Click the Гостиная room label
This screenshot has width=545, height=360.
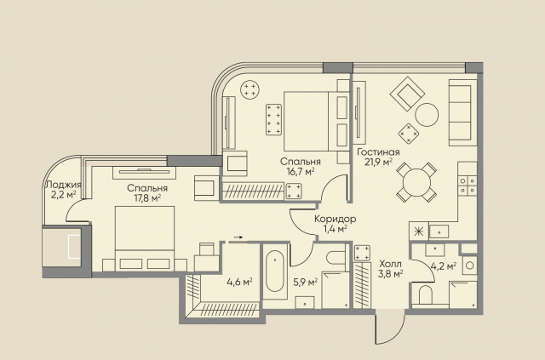378,152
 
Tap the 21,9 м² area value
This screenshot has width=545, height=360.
378,162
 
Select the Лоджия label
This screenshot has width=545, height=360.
63,186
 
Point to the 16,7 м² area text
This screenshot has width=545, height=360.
301,171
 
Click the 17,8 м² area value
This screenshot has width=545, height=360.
146,197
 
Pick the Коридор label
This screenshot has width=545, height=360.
335,219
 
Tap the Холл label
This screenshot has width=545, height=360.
390,264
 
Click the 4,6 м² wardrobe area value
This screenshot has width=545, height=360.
239,282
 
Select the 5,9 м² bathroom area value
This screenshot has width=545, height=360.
305,282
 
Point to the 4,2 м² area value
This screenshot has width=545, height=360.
443,266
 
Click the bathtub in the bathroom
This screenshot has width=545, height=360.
274,271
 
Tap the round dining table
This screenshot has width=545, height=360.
416,182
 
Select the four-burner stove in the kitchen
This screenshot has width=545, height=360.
468,186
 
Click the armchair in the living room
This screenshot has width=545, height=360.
407,94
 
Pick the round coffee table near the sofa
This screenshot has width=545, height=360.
427,115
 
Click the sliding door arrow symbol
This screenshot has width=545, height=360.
238,237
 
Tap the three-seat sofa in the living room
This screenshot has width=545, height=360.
462,112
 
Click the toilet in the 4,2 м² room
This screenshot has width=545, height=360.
426,295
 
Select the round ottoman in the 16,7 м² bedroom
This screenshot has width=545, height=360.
250,89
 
